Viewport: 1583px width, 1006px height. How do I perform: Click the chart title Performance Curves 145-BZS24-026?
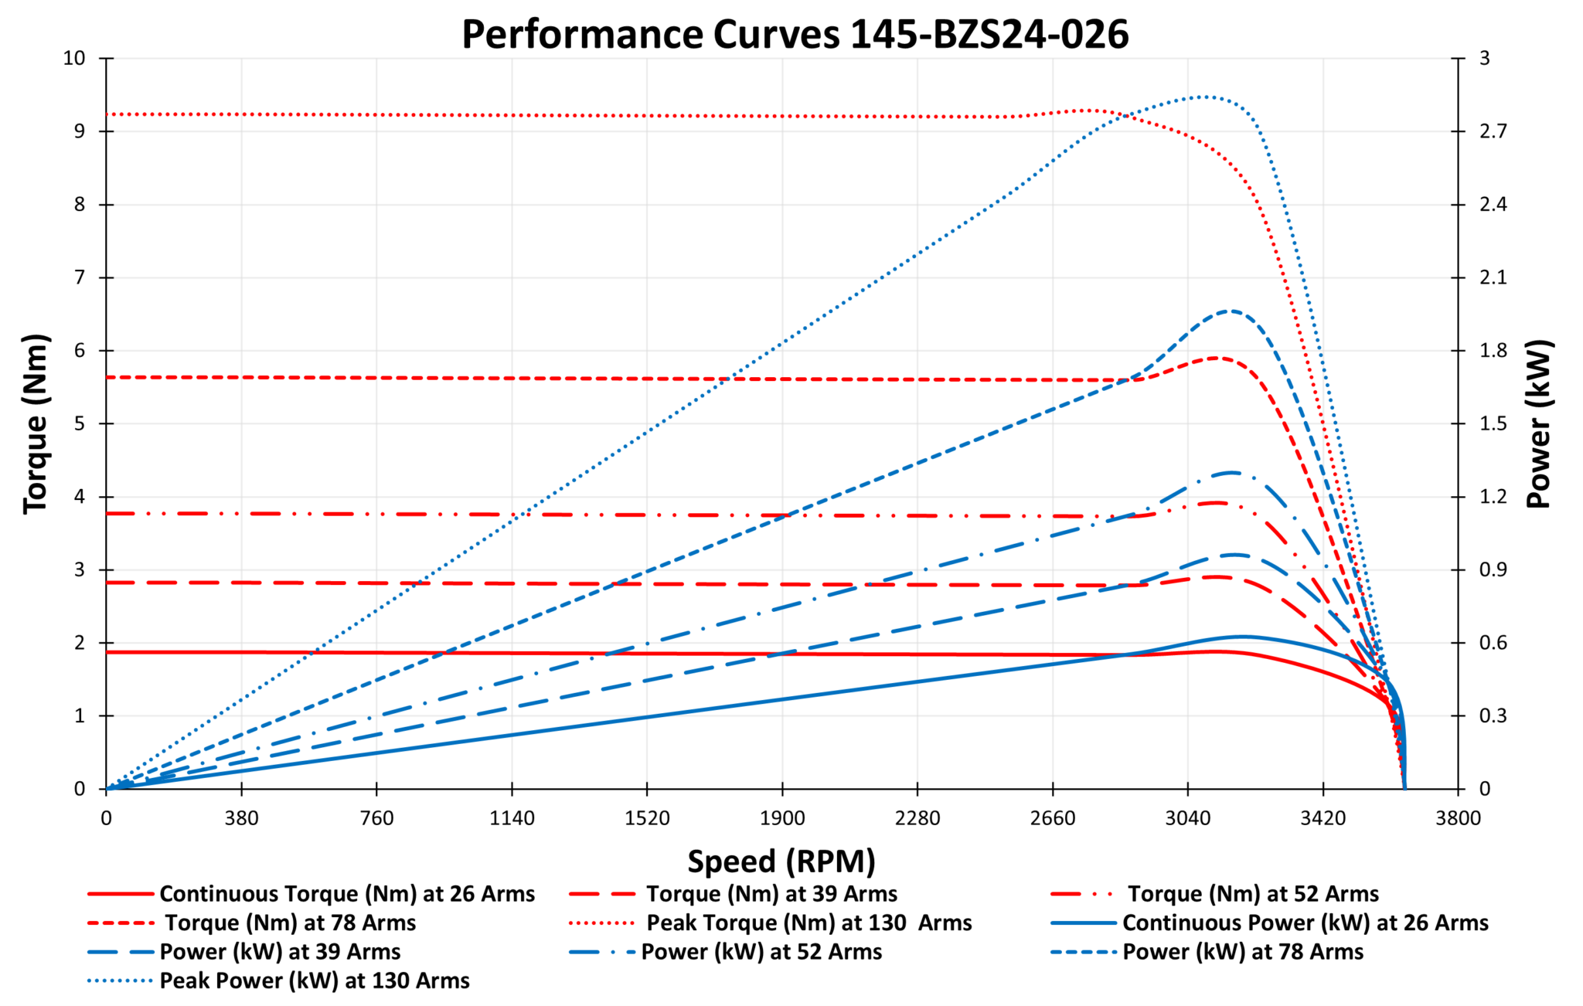click(795, 34)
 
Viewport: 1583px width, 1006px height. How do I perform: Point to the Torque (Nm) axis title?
click(36, 423)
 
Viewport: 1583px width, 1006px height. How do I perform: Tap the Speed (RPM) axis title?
click(781, 861)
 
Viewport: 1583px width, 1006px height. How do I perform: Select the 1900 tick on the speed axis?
click(782, 818)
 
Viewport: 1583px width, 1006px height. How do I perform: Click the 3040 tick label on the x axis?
click(1188, 818)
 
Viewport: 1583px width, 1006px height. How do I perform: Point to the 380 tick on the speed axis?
click(242, 818)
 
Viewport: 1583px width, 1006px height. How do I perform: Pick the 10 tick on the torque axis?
click(75, 58)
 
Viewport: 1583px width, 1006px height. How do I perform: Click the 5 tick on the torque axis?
click(80, 423)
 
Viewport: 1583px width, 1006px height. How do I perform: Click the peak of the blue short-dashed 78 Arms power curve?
click(1229, 311)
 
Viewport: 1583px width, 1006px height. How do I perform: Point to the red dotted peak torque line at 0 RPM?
click(107, 114)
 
